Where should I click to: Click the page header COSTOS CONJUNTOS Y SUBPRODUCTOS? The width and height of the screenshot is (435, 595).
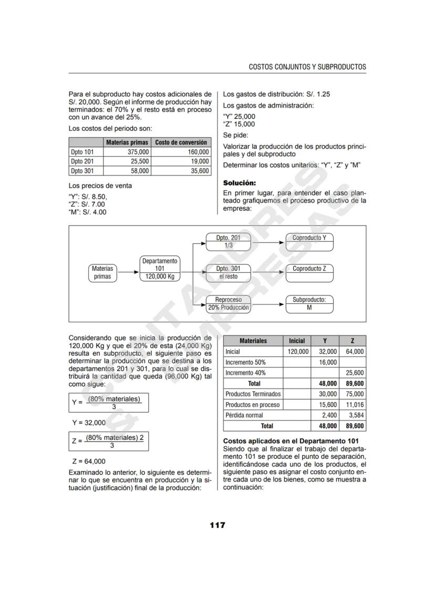(307, 67)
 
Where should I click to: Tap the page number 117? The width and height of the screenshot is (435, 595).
(217, 525)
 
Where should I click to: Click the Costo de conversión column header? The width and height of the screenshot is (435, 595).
(181, 142)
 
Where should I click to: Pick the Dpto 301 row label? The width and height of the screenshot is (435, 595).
(82, 171)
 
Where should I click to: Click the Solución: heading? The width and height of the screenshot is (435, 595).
(240, 183)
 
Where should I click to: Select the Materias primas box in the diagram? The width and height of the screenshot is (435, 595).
(102, 272)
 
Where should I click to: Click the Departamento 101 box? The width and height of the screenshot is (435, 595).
(160, 269)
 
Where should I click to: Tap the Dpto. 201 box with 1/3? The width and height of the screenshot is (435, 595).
(228, 241)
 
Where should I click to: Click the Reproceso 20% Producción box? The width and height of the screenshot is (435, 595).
(228, 304)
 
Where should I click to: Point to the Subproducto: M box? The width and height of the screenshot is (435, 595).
(309, 304)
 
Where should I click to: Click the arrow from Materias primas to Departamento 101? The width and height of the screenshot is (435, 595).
(129, 272)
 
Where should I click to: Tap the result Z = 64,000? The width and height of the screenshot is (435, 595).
(88, 462)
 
